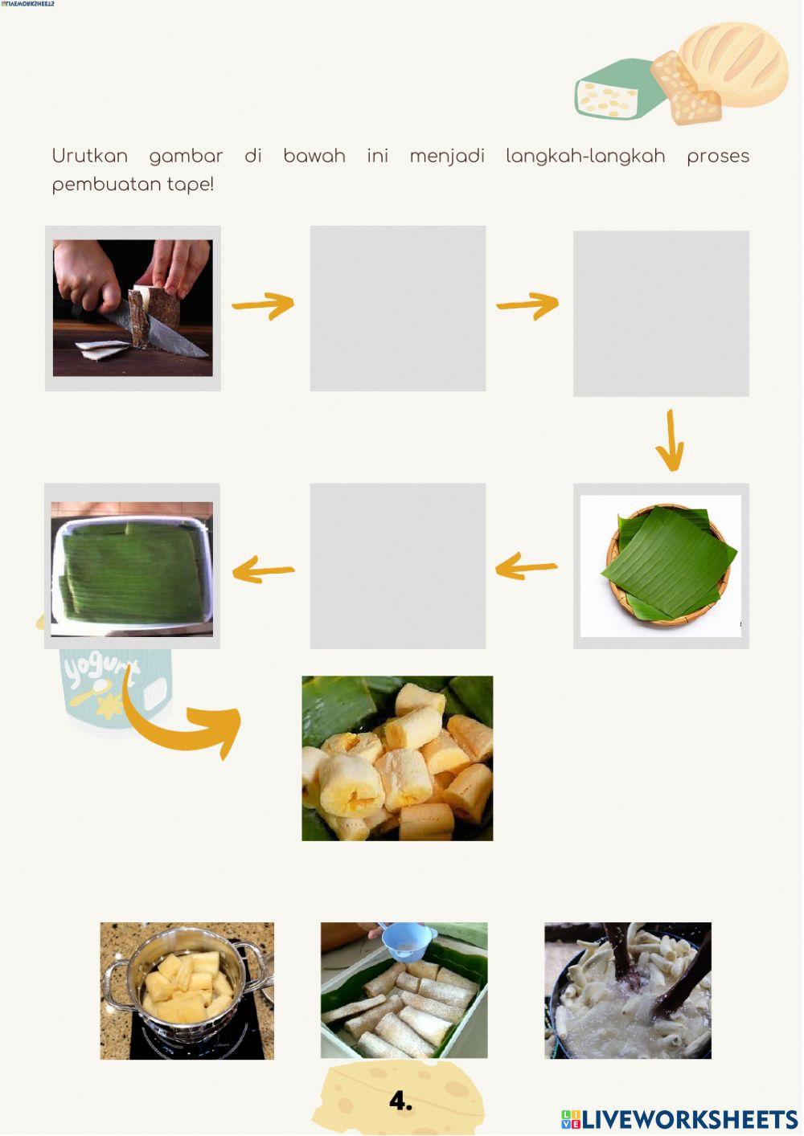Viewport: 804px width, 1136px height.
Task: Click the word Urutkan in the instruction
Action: [89, 156]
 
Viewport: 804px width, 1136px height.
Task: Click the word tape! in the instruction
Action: [191, 184]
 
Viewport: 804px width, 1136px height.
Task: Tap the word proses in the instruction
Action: [717, 156]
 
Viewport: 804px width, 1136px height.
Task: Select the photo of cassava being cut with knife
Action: [133, 308]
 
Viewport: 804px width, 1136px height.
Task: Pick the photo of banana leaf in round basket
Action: [661, 566]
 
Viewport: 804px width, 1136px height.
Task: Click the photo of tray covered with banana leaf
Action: [132, 568]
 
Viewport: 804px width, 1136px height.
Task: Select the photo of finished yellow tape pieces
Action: [397, 758]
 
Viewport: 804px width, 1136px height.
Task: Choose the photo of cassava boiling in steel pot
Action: [187, 990]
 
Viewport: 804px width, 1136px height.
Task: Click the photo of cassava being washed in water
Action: [627, 990]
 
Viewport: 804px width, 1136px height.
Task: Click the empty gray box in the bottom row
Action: [397, 566]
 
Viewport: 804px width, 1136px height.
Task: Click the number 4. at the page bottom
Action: [400, 1101]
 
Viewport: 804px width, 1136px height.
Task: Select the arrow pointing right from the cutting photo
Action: [263, 305]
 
